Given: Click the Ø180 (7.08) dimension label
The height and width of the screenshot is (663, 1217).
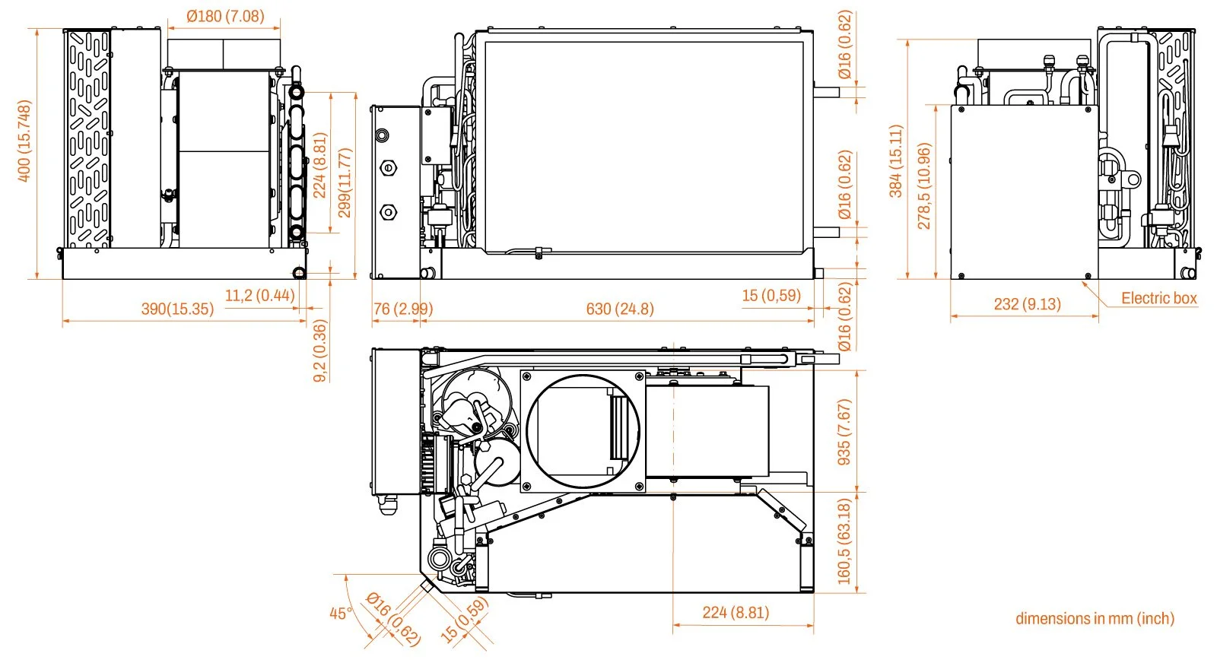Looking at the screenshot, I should [224, 16].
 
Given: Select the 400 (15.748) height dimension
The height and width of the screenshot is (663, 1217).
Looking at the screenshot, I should [24, 141].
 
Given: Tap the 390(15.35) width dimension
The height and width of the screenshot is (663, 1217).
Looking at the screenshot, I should [177, 309].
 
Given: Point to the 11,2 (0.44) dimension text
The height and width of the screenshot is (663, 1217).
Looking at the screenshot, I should [259, 295].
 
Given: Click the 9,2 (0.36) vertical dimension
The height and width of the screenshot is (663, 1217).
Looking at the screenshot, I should [320, 351].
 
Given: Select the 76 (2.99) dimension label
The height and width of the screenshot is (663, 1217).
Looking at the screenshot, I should [402, 309].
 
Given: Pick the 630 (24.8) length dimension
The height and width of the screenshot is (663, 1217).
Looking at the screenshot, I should [619, 309].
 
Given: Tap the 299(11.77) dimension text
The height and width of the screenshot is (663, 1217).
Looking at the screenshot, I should [345, 182].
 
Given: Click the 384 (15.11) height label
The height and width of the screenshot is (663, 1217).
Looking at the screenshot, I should [896, 161].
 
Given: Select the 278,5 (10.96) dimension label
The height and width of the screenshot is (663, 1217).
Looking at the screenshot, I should [924, 186].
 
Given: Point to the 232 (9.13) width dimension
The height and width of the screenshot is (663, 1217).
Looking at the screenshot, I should [1027, 304].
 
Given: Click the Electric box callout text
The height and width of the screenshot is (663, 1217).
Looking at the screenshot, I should [1158, 298].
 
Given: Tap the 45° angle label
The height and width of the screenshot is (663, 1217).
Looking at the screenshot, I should [341, 613].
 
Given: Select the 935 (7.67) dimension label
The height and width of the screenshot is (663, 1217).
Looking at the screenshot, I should [844, 432].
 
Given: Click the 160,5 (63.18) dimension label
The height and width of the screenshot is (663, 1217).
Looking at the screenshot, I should [844, 541].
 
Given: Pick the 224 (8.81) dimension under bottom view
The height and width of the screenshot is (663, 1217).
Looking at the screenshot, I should [735, 612].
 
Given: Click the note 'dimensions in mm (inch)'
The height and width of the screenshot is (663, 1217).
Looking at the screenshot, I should [1095, 618].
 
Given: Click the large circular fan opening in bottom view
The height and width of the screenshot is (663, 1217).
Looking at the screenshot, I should [583, 431].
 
